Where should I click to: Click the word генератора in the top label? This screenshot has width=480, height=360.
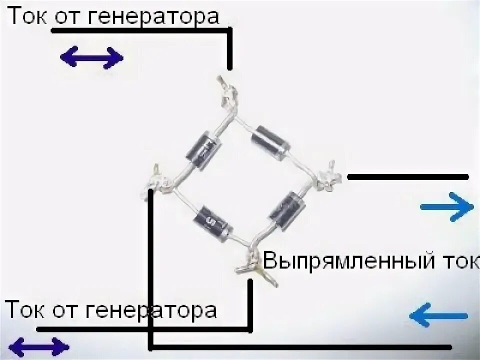pyautogui.click(x=153, y=17)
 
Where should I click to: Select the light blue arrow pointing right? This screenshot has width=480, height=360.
pyautogui.click(x=446, y=206)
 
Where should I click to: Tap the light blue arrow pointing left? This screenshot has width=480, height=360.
pyautogui.click(x=438, y=315)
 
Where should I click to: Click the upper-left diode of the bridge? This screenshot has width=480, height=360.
pyautogui.click(x=204, y=149)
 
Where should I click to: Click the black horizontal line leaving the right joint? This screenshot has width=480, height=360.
pyautogui.click(x=407, y=177)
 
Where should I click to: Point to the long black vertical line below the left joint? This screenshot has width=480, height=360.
pyautogui.click(x=150, y=270)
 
